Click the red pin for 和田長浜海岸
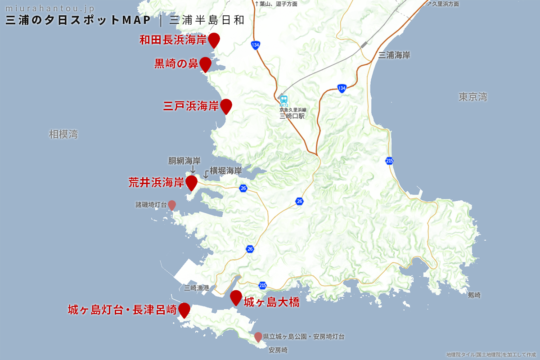pyautogui.click(x=214, y=40)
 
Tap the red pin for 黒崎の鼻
pyautogui.click(x=206, y=64)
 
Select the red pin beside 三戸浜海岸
pyautogui.click(x=226, y=106)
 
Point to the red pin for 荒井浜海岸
pyautogui.click(x=192, y=182)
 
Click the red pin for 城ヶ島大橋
pyautogui.click(x=236, y=297)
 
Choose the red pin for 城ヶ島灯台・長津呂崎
pyautogui.click(x=184, y=310)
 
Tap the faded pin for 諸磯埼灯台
pyautogui.click(x=172, y=205)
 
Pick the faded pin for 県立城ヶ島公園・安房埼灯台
pyautogui.click(x=258, y=337)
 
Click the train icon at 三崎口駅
pyautogui.click(x=284, y=99)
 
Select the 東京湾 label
pyautogui.click(x=473, y=97)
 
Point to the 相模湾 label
pyautogui.click(x=63, y=134)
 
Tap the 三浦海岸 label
pyautogui.click(x=394, y=55)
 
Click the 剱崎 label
pyautogui.click(x=474, y=295)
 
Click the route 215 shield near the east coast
pyautogui.click(x=389, y=161)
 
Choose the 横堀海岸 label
pyautogui.click(x=226, y=171)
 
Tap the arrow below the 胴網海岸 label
pyautogui.click(x=193, y=170)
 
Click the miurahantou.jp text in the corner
pyautogui.click(x=50, y=9)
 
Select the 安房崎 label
pyautogui.click(x=278, y=350)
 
